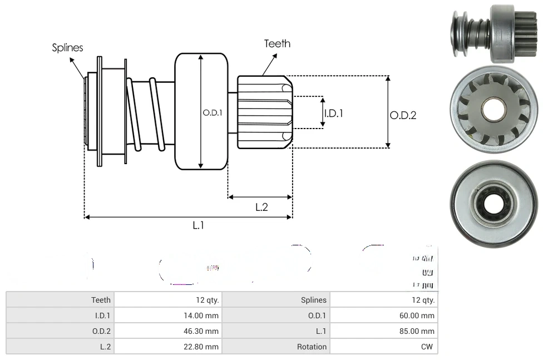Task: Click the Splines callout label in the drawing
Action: [67, 48]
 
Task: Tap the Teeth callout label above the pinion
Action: [277, 43]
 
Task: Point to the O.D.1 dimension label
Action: [213, 112]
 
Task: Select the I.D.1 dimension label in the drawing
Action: [333, 113]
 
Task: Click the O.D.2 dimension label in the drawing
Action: [403, 115]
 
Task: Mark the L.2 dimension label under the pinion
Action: [261, 207]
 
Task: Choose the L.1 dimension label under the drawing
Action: [199, 225]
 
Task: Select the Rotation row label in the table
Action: [312, 347]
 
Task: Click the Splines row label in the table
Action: [314, 300]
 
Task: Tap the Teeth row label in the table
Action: [101, 300]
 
